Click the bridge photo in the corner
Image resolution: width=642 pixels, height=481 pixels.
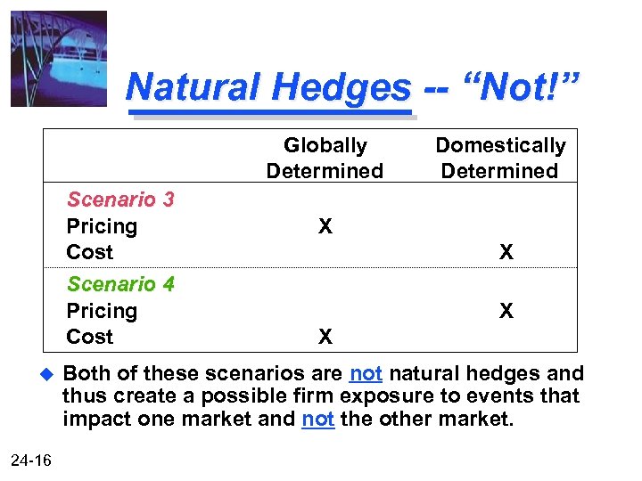pos(59,59)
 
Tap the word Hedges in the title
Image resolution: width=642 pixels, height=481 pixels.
pos(342,87)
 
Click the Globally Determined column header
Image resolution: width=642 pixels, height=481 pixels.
pos(325,158)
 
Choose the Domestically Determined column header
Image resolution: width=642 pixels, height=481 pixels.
pos(499,158)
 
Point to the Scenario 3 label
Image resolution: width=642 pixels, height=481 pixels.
pos(120,200)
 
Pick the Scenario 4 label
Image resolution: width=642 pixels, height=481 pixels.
pos(120,284)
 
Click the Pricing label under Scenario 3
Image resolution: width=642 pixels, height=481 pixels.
pos(102,226)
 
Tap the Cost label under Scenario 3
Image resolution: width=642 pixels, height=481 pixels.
pos(90,252)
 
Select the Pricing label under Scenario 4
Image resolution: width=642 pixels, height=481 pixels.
pos(102,311)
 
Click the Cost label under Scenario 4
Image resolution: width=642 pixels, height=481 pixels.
pos(90,337)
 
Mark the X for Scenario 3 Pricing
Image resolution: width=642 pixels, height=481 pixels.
pos(325,227)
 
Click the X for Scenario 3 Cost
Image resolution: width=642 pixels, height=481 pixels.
pos(506,253)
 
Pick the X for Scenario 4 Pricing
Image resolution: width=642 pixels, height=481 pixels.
pos(506,311)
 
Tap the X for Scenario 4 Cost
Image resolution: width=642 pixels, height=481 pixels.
pos(325,337)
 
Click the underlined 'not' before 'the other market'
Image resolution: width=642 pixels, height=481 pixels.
pos(318,419)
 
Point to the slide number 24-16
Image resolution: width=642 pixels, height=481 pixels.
pos(31,460)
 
